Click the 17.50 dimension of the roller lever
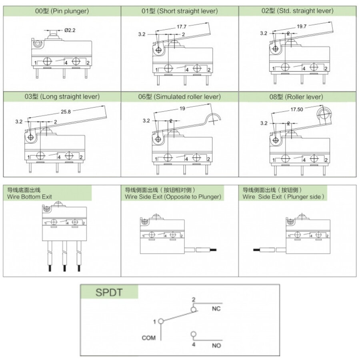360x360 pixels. pyautogui.click(x=296, y=109)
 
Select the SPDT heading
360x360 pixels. pyautogui.click(x=109, y=291)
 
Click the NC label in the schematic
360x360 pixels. pyautogui.click(x=216, y=309)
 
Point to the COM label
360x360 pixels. pyautogui.click(x=148, y=338)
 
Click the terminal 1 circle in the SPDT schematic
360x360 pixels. pyautogui.click(x=161, y=321)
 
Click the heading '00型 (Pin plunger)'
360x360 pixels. pyautogui.click(x=62, y=11)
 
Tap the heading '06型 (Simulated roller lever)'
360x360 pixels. pyautogui.click(x=180, y=96)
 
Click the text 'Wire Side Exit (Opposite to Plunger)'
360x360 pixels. pyautogui.click(x=173, y=197)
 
